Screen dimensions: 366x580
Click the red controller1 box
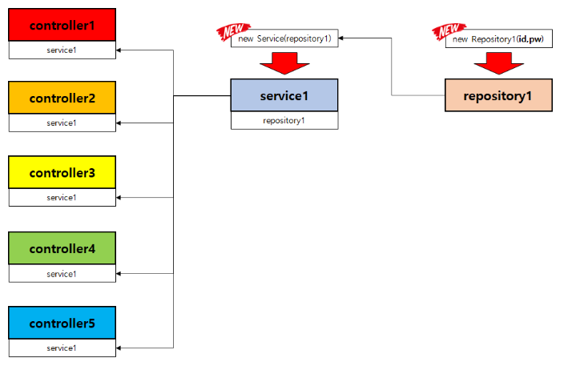62,25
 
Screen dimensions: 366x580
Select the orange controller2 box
62,98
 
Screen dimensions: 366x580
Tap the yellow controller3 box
62,172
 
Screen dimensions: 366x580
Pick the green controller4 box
62,248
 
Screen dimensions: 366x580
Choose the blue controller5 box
62,323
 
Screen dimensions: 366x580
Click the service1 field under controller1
62,50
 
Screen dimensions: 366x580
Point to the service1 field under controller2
62,123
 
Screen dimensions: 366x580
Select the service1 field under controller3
62,197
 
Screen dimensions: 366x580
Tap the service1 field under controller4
62,274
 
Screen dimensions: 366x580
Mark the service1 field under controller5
62,348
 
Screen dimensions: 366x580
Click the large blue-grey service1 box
284,95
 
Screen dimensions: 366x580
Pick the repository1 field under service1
284,121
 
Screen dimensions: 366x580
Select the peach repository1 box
498,95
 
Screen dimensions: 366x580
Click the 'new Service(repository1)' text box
284,38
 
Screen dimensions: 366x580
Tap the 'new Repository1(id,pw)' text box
498,38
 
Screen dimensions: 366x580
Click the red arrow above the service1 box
284,62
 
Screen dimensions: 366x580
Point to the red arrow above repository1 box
498,62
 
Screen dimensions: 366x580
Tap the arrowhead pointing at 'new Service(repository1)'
343,38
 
